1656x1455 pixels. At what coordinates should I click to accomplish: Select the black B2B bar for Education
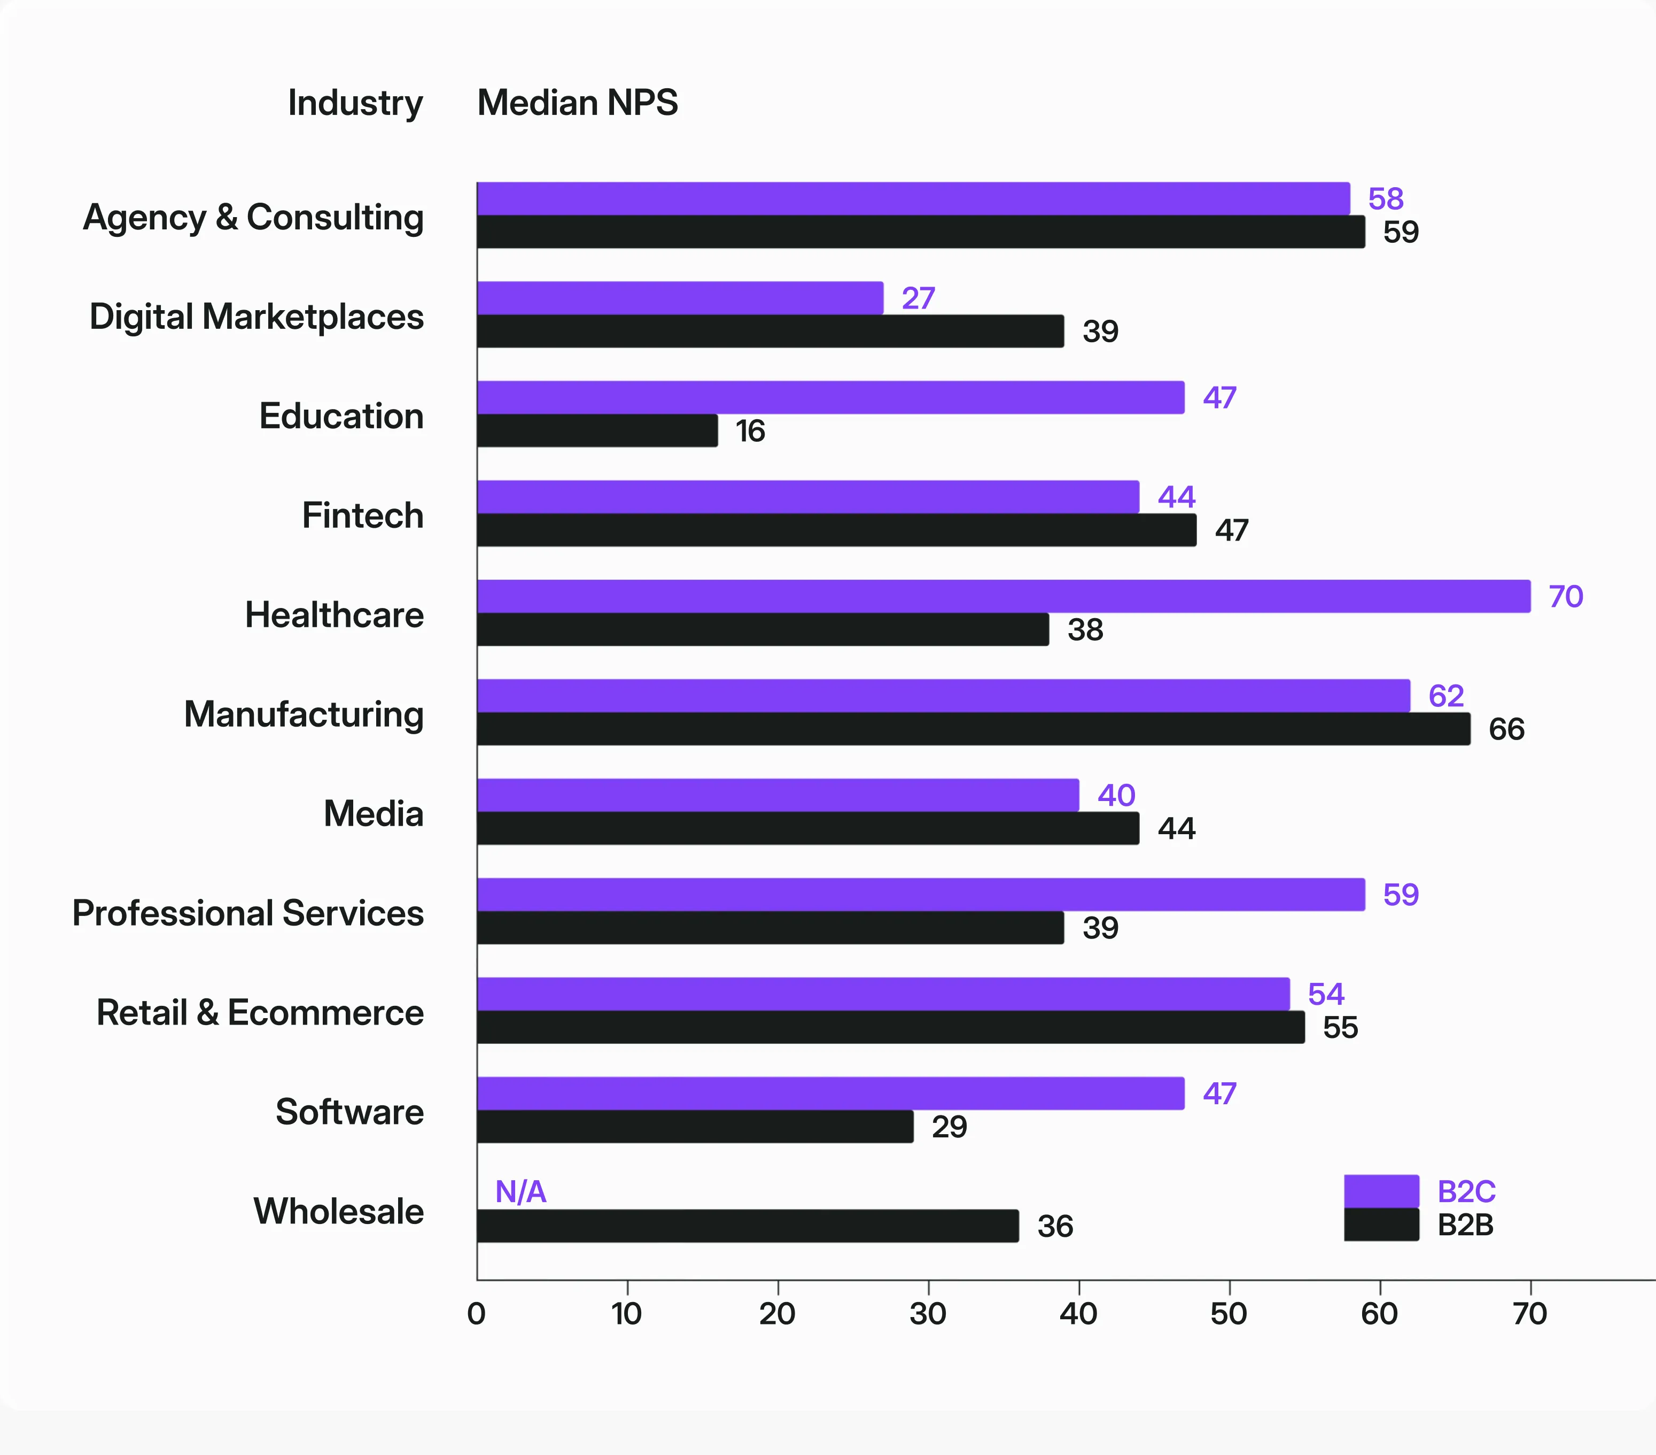(x=597, y=430)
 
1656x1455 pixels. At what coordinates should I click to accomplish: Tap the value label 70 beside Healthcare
(x=1565, y=597)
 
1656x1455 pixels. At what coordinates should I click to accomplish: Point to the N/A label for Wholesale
(x=520, y=1191)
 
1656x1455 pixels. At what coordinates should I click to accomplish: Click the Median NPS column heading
(x=577, y=103)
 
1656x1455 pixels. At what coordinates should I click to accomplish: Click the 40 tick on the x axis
(x=1078, y=1313)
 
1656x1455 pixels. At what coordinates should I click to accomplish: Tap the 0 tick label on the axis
(x=476, y=1313)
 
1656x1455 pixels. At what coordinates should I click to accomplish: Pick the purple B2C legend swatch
(x=1381, y=1191)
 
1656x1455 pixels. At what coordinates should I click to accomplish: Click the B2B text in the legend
(x=1465, y=1225)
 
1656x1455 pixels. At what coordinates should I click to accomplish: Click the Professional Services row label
(x=248, y=913)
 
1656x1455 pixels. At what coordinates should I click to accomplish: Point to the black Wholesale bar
(x=747, y=1226)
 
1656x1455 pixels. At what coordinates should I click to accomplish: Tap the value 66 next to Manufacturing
(x=1506, y=729)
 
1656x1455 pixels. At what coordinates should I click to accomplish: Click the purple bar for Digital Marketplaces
(x=679, y=297)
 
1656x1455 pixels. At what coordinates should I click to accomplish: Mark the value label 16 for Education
(x=749, y=431)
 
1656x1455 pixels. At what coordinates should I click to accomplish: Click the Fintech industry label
(x=362, y=515)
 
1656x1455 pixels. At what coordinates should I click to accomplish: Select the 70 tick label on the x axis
(x=1529, y=1313)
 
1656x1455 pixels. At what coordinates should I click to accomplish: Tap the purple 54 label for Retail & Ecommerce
(x=1325, y=994)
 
